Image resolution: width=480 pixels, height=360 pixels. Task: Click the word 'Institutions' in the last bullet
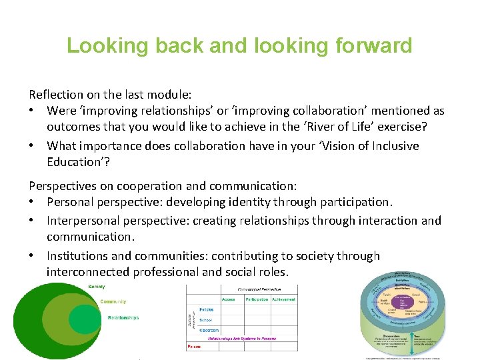click(77, 256)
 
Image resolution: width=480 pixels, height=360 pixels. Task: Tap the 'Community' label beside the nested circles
click(113, 302)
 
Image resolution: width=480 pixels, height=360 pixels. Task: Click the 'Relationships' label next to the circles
click(123, 318)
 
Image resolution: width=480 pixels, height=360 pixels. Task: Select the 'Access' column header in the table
click(229, 299)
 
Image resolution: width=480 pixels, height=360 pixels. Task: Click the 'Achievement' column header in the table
click(284, 299)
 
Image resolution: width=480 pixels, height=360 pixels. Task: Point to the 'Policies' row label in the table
click(207, 310)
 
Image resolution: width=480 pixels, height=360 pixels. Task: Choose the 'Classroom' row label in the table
click(209, 330)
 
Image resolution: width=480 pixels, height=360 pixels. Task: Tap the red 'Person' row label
click(195, 347)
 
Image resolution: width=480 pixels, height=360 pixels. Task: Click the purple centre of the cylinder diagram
click(402, 303)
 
